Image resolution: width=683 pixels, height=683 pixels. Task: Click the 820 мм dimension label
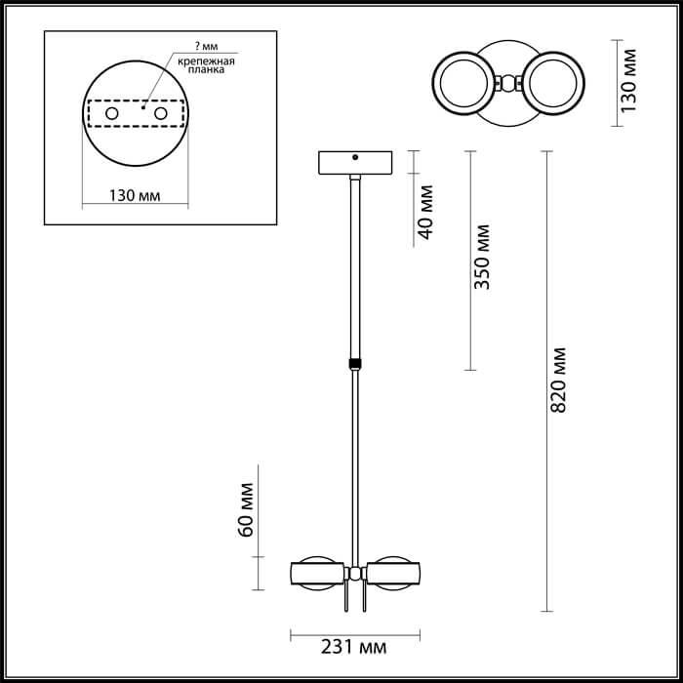(x=558, y=379)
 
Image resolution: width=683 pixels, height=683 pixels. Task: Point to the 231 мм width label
(x=353, y=648)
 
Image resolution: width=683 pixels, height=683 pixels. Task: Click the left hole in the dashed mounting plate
(x=112, y=115)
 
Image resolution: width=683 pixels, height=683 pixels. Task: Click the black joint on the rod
(x=354, y=363)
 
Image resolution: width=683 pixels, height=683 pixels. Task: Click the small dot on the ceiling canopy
(x=356, y=156)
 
